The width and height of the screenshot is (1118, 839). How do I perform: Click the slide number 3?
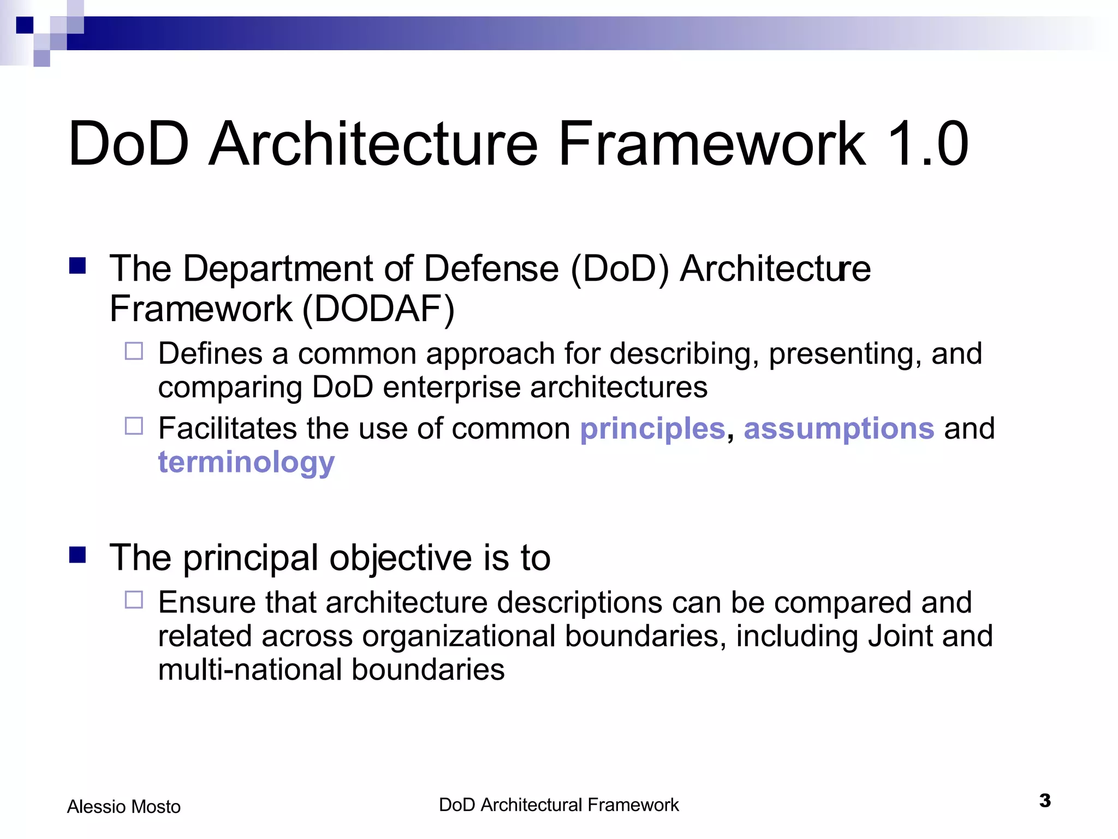pos(1044,801)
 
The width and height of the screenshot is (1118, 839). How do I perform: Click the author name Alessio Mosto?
pos(123,806)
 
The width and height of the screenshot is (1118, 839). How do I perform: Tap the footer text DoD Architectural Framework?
pos(558,805)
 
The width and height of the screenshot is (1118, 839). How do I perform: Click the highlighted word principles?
pos(652,429)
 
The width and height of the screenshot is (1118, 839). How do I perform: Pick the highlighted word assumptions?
pos(839,428)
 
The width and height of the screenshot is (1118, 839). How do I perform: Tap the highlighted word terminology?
pos(246,463)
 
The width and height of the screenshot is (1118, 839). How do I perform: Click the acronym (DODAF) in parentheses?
pos(378,309)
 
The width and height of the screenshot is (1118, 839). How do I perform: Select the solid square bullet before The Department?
pos(78,266)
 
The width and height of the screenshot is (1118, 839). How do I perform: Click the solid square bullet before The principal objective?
pos(78,555)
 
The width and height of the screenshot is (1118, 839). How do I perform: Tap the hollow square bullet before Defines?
pos(134,351)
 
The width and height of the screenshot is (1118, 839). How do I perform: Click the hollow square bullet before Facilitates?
pos(134,426)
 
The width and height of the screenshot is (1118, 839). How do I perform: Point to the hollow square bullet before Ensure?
pos(134,600)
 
